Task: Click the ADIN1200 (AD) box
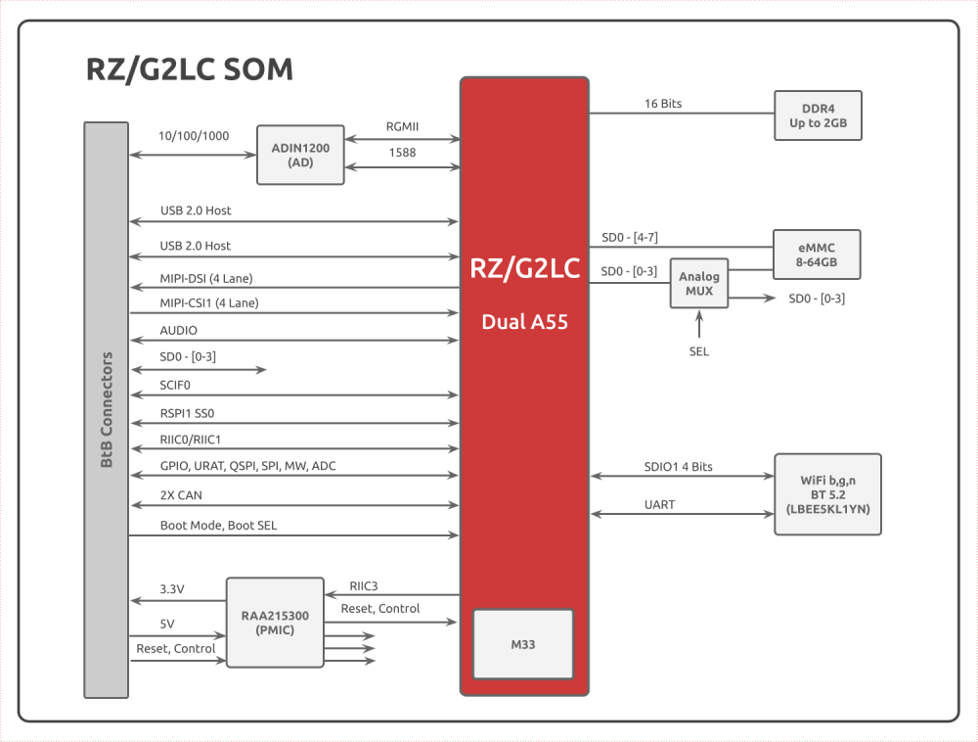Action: pos(300,155)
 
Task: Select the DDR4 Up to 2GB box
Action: pos(818,116)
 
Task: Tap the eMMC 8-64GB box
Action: pos(817,255)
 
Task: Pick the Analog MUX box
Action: pos(700,284)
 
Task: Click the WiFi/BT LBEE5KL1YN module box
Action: pos(827,493)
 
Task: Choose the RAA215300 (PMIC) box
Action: pos(275,623)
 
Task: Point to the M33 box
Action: pos(523,645)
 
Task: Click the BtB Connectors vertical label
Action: pos(107,409)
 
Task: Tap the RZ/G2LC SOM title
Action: pos(189,70)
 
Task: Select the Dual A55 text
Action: pos(524,320)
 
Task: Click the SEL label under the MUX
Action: pos(699,351)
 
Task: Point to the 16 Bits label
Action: pos(663,103)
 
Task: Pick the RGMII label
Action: pos(402,125)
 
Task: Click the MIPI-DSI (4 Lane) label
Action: pos(212,278)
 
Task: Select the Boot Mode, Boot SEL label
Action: pos(218,526)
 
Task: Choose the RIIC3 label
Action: pos(364,585)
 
